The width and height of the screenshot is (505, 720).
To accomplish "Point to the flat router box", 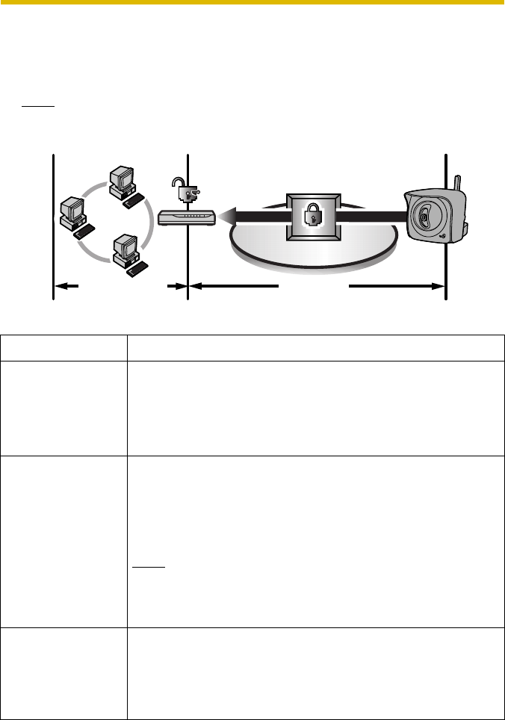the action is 186,217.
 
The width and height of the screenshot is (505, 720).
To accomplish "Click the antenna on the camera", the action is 456,182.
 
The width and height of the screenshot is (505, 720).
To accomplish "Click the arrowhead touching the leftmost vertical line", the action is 60,285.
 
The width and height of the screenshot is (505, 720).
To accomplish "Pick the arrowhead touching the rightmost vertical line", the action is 439,285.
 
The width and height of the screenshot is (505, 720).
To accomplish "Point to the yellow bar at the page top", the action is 252,3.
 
